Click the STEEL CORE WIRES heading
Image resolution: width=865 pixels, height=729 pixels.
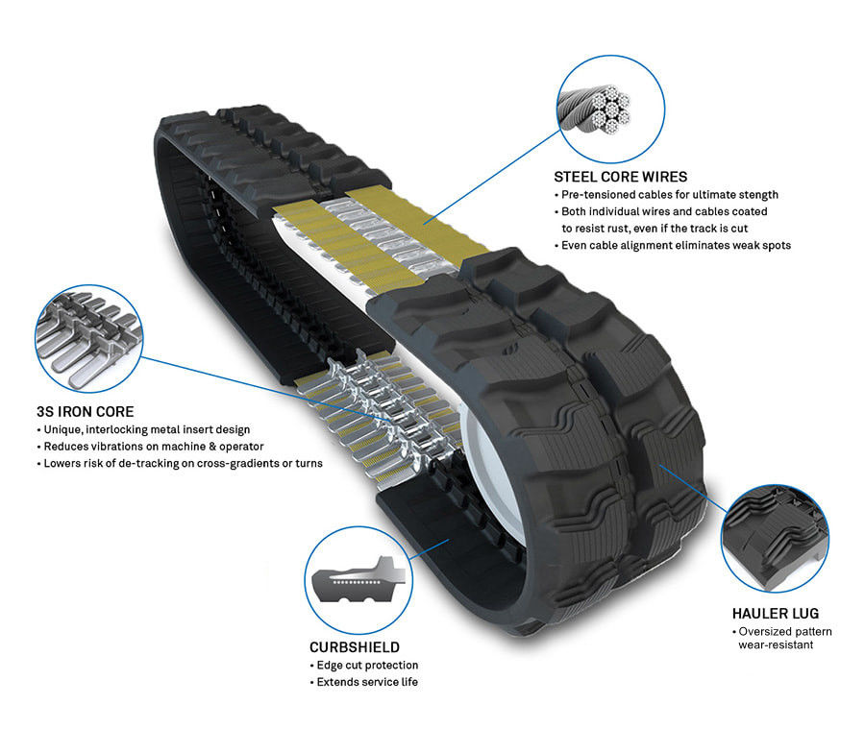click(620, 177)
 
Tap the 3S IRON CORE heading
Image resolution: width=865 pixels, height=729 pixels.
click(85, 412)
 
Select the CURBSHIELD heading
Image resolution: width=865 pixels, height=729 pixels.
click(355, 647)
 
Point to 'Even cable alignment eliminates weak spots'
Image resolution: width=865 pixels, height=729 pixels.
click(672, 246)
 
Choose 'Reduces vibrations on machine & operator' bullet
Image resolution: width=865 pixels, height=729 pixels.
click(150, 447)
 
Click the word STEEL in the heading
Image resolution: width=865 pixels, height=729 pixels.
click(577, 177)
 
